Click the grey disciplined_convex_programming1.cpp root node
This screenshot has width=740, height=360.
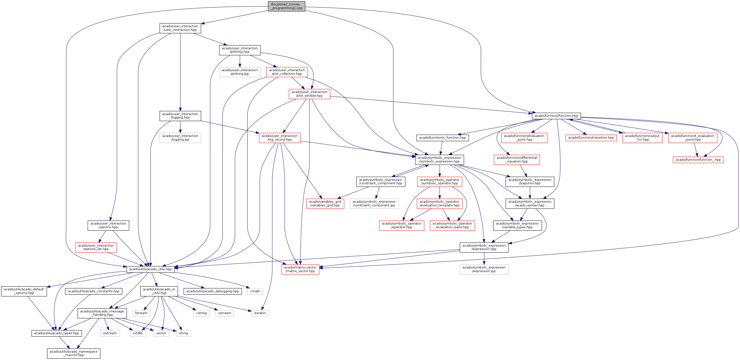[x=286, y=6]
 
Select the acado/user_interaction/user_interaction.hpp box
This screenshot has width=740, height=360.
[x=180, y=28]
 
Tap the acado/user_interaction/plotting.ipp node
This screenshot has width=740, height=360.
[x=240, y=72]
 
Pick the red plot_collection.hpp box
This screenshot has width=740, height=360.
[x=287, y=72]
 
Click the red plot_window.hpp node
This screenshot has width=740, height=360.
[x=309, y=94]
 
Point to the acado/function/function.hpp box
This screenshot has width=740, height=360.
[x=556, y=116]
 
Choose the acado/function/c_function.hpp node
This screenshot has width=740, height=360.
[x=442, y=138]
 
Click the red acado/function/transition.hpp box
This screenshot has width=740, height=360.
[x=591, y=138]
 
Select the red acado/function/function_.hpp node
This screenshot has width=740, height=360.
[x=698, y=160]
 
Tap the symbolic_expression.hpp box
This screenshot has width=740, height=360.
[x=440, y=160]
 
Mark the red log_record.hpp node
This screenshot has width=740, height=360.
[x=280, y=138]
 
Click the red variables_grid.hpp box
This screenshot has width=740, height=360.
[x=325, y=204]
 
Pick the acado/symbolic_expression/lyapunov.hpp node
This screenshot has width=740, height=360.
[x=530, y=182]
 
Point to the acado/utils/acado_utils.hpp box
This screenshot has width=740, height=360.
[x=150, y=269]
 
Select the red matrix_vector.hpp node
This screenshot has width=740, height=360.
[x=300, y=269]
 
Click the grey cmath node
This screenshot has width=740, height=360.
[x=255, y=291]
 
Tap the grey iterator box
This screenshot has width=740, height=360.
[x=260, y=313]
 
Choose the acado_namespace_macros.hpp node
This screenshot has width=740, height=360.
[x=74, y=353]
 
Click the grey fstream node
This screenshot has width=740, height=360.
[x=141, y=313]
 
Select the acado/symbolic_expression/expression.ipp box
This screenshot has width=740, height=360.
[x=484, y=269]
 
